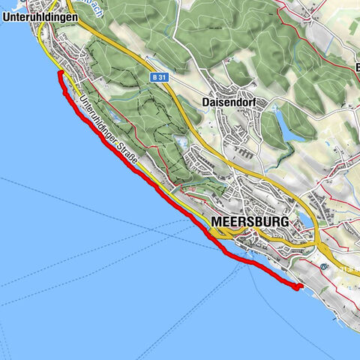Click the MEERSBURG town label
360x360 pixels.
pyautogui.click(x=250, y=222)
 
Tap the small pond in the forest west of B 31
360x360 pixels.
pyautogui.click(x=180, y=140)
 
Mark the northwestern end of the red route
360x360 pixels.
pyautogui.click(x=58, y=74)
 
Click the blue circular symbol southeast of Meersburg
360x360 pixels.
pyautogui.click(x=324, y=266)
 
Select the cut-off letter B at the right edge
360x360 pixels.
pyautogui.click(x=356, y=67)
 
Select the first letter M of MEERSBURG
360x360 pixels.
pyautogui.click(x=217, y=222)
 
